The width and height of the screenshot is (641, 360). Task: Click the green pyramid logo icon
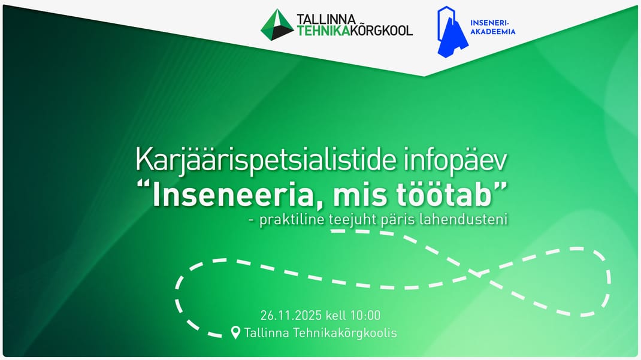[x=277, y=25]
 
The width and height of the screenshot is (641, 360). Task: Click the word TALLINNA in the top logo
[x=326, y=19]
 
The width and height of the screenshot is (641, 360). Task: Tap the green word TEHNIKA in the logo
[x=323, y=31]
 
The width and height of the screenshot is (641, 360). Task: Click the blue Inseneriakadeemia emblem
[x=451, y=32]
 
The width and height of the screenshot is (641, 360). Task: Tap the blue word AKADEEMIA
[x=492, y=32]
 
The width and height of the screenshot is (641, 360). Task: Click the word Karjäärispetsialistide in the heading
[x=266, y=161]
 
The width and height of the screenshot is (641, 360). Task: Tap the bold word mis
[x=360, y=195]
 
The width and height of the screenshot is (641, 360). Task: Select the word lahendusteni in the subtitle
[x=464, y=219]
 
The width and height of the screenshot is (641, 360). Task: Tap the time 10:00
[x=365, y=316]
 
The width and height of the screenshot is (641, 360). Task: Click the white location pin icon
[x=235, y=332]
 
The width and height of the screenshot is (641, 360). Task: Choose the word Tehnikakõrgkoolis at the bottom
[x=345, y=333]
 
